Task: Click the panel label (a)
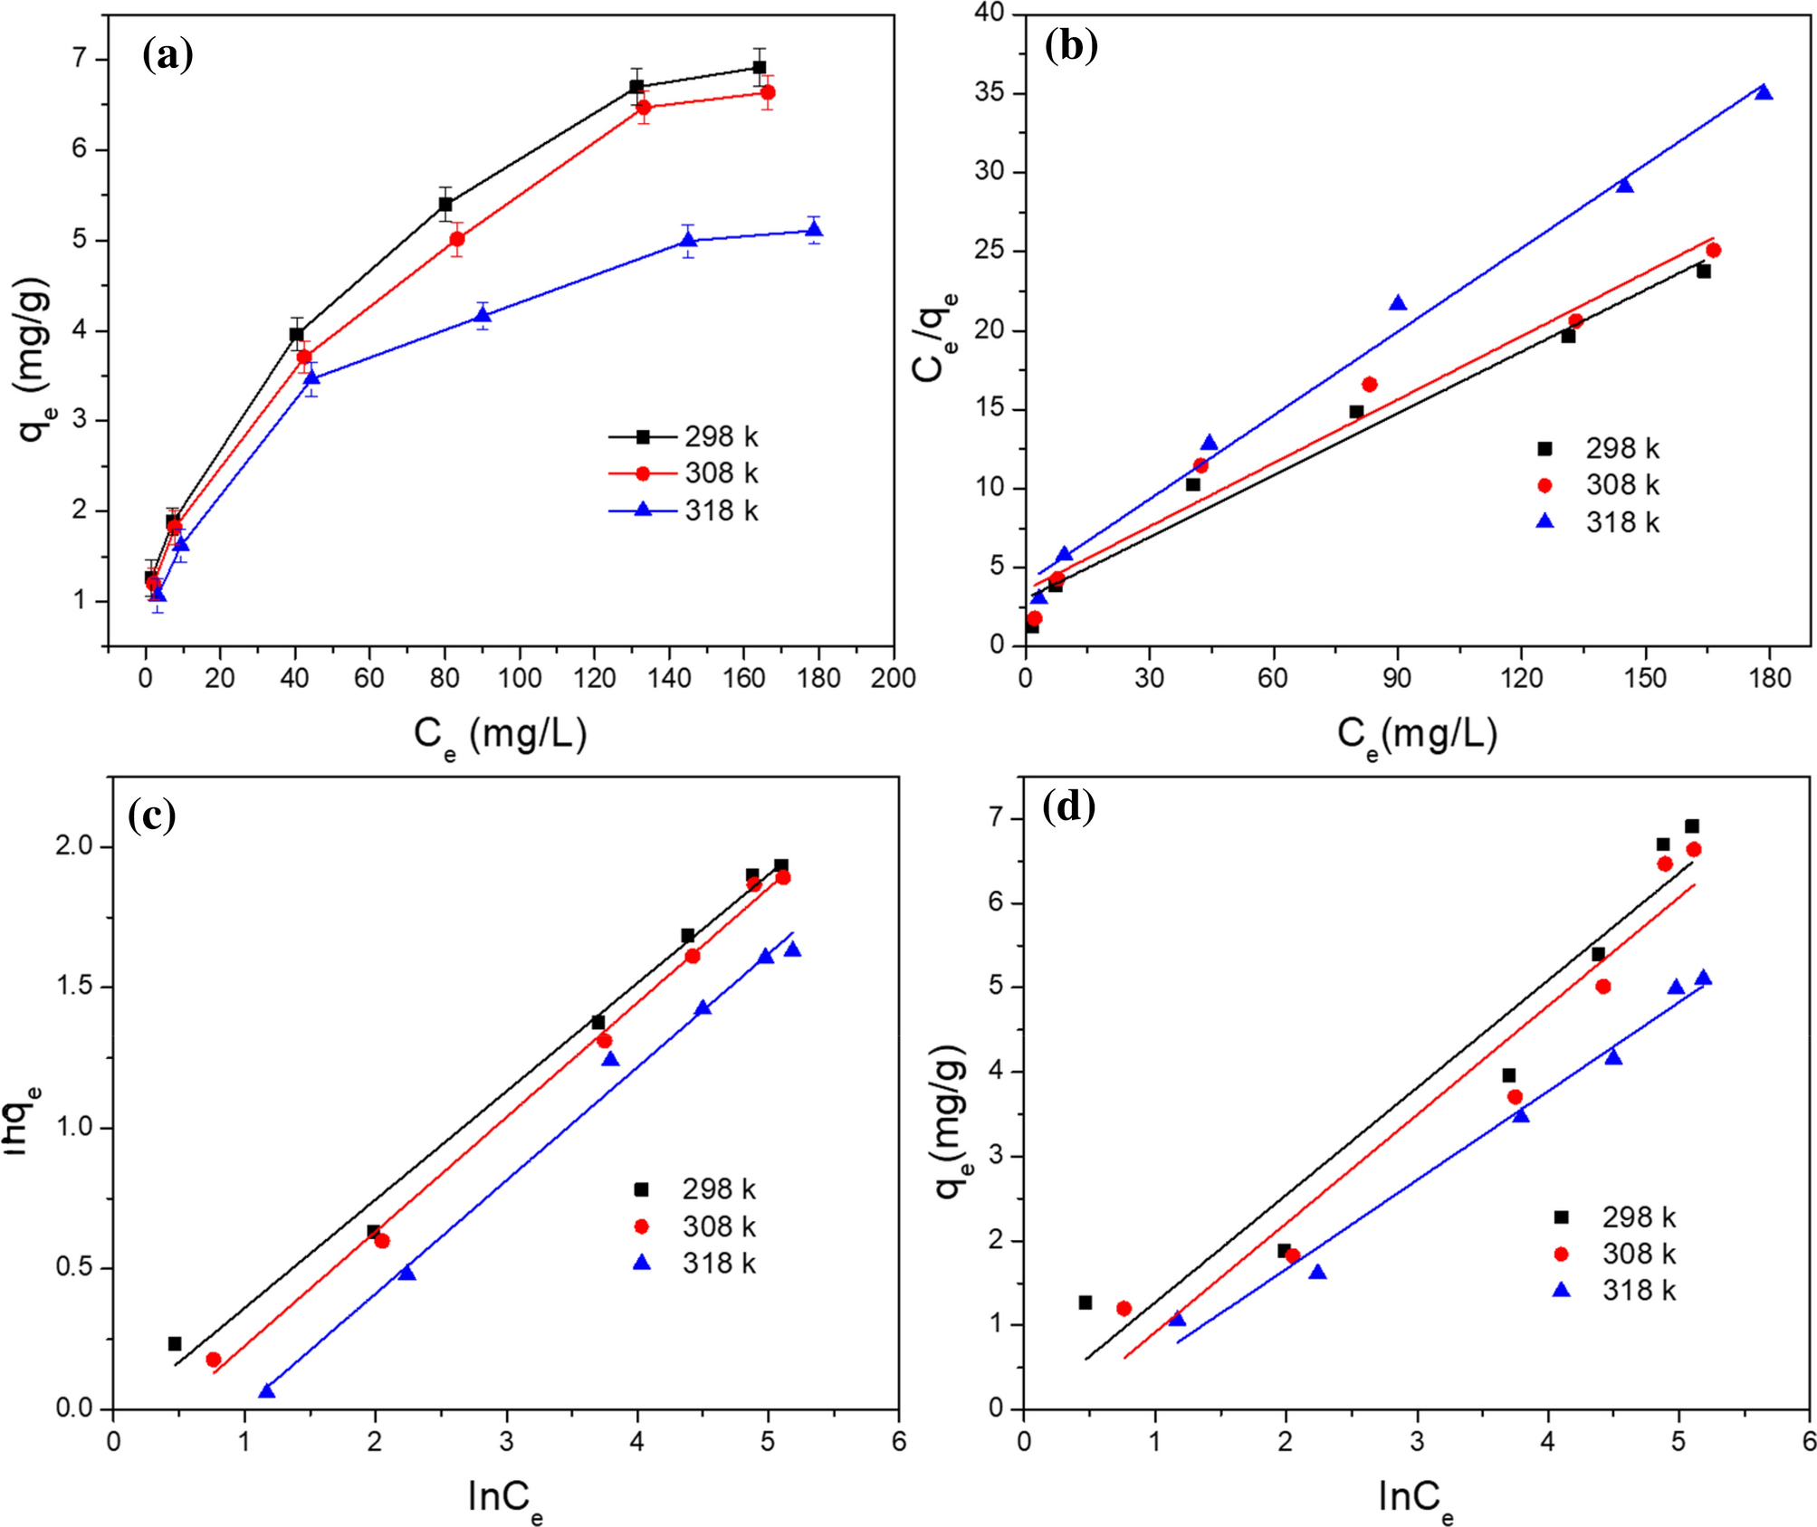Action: tap(167, 55)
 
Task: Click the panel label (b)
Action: tap(1071, 44)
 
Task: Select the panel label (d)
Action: tap(1069, 806)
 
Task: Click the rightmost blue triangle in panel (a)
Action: tap(814, 230)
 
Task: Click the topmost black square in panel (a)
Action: tap(759, 67)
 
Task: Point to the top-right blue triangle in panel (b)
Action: tap(1763, 92)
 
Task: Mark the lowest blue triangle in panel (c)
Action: tap(266, 1391)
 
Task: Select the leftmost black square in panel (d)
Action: tap(1085, 1303)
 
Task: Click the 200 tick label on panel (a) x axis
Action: tap(893, 678)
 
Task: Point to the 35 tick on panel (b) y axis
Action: tap(989, 93)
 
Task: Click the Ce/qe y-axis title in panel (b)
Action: tap(933, 337)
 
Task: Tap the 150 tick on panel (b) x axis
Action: tap(1644, 678)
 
